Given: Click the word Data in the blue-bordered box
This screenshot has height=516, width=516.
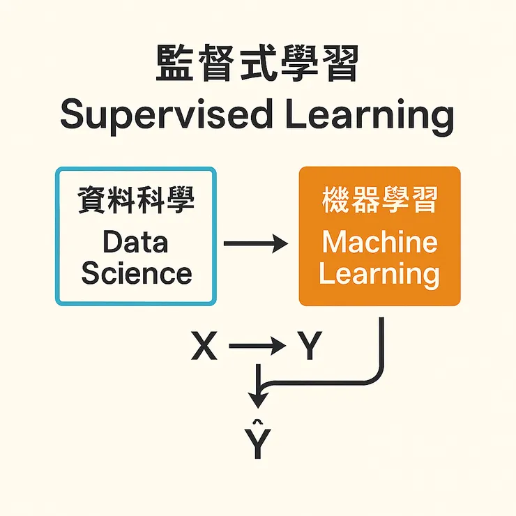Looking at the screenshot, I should [135, 242].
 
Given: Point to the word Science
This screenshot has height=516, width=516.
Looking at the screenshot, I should [136, 273].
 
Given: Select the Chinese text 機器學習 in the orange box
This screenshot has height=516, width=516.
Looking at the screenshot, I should [379, 201].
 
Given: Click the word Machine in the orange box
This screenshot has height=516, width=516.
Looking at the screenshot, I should [379, 242].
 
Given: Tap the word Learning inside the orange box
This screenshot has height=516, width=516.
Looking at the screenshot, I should [379, 273].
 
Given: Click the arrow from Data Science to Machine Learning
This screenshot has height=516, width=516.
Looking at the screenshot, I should [255, 243].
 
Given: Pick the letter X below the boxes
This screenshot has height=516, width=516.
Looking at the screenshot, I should [204, 346].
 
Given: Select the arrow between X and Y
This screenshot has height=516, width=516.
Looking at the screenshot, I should [257, 346].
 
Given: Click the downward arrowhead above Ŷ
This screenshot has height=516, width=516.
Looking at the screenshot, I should [258, 400].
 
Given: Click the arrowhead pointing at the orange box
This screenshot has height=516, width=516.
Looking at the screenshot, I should [280, 243].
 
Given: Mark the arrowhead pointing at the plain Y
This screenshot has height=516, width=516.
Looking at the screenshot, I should [278, 346].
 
